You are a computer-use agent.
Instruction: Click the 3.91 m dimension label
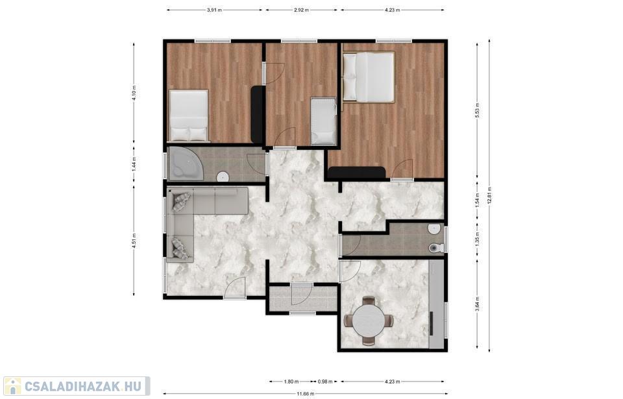point(214,10)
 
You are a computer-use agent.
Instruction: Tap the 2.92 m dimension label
point(302,10)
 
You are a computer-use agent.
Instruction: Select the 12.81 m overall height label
point(489,195)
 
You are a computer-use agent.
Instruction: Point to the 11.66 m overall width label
point(306,394)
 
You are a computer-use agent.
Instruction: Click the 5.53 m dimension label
point(478,110)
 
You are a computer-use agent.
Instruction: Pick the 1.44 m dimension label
point(134,163)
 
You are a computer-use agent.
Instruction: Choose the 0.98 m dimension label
point(325,382)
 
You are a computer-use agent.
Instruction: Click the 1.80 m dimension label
point(291,382)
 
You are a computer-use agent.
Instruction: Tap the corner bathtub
point(186,165)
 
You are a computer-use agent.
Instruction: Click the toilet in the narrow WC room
point(436,248)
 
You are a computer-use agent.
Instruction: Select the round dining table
point(369,321)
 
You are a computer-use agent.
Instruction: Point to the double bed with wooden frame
point(369,77)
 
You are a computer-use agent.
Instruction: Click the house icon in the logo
point(13,386)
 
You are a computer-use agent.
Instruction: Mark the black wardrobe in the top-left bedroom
point(258,115)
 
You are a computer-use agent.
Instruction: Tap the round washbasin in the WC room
point(435,229)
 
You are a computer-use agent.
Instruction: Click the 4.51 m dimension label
point(134,241)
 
